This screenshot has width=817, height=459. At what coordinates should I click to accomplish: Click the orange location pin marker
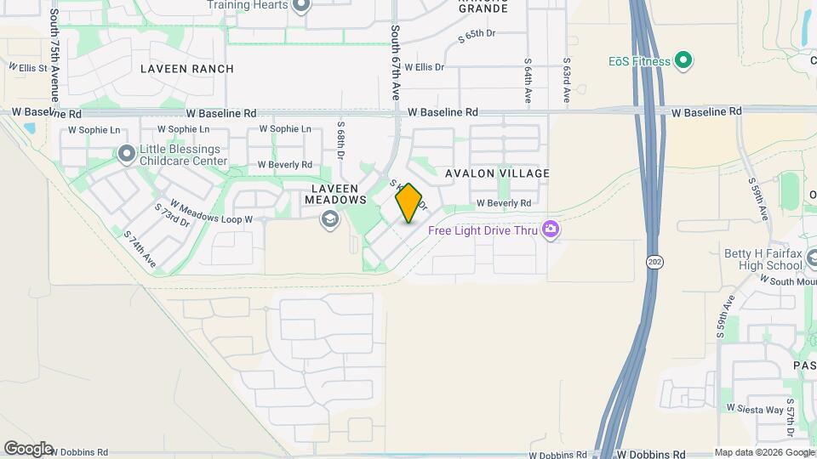point(409,203)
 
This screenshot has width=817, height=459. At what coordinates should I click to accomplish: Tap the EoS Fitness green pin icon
point(683,60)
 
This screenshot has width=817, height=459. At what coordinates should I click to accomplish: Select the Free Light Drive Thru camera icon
point(551,229)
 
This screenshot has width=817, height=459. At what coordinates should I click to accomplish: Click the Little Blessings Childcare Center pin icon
point(127,154)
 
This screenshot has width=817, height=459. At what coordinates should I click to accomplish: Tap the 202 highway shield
point(654,262)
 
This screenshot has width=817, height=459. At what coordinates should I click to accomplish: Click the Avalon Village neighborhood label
point(498,173)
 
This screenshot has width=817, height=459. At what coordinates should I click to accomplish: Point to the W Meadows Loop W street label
point(212,212)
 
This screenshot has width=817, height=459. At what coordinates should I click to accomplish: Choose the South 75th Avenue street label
point(54,55)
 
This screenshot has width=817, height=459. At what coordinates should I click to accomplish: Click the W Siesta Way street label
point(754,409)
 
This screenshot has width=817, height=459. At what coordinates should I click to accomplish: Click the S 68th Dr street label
point(340,140)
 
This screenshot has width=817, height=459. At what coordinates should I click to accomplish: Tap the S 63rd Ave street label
point(566,81)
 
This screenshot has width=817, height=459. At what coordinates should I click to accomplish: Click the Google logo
point(28,449)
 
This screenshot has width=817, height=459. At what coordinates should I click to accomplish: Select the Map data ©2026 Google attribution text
point(764,452)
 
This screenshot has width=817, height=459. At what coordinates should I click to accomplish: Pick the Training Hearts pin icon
point(300,7)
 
